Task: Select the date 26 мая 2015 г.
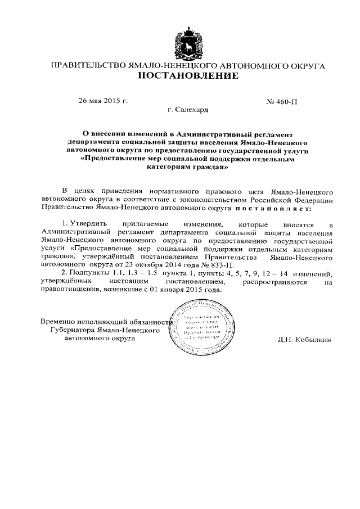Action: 103,102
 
